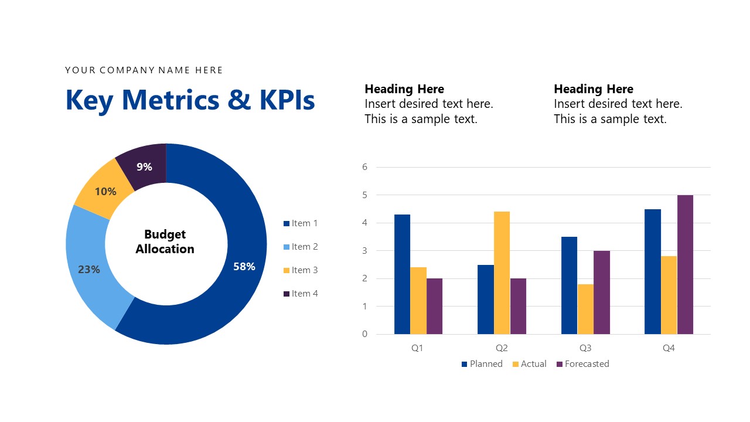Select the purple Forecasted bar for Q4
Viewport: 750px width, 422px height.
[x=685, y=264]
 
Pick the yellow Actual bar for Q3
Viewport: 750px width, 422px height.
[x=585, y=309]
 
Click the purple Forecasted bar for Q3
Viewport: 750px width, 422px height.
[x=602, y=292]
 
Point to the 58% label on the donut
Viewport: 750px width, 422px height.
[x=244, y=267]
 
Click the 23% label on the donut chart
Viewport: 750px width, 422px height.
[x=89, y=270]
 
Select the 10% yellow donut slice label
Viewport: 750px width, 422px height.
[x=105, y=192]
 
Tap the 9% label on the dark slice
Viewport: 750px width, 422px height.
[x=144, y=167]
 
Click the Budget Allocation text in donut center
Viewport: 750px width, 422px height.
[x=165, y=241]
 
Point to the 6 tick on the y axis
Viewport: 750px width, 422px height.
[x=364, y=167]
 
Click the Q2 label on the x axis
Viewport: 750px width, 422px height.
[x=502, y=348]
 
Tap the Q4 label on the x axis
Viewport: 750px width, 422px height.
[x=669, y=348]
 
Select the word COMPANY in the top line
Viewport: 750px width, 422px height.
[x=127, y=70]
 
